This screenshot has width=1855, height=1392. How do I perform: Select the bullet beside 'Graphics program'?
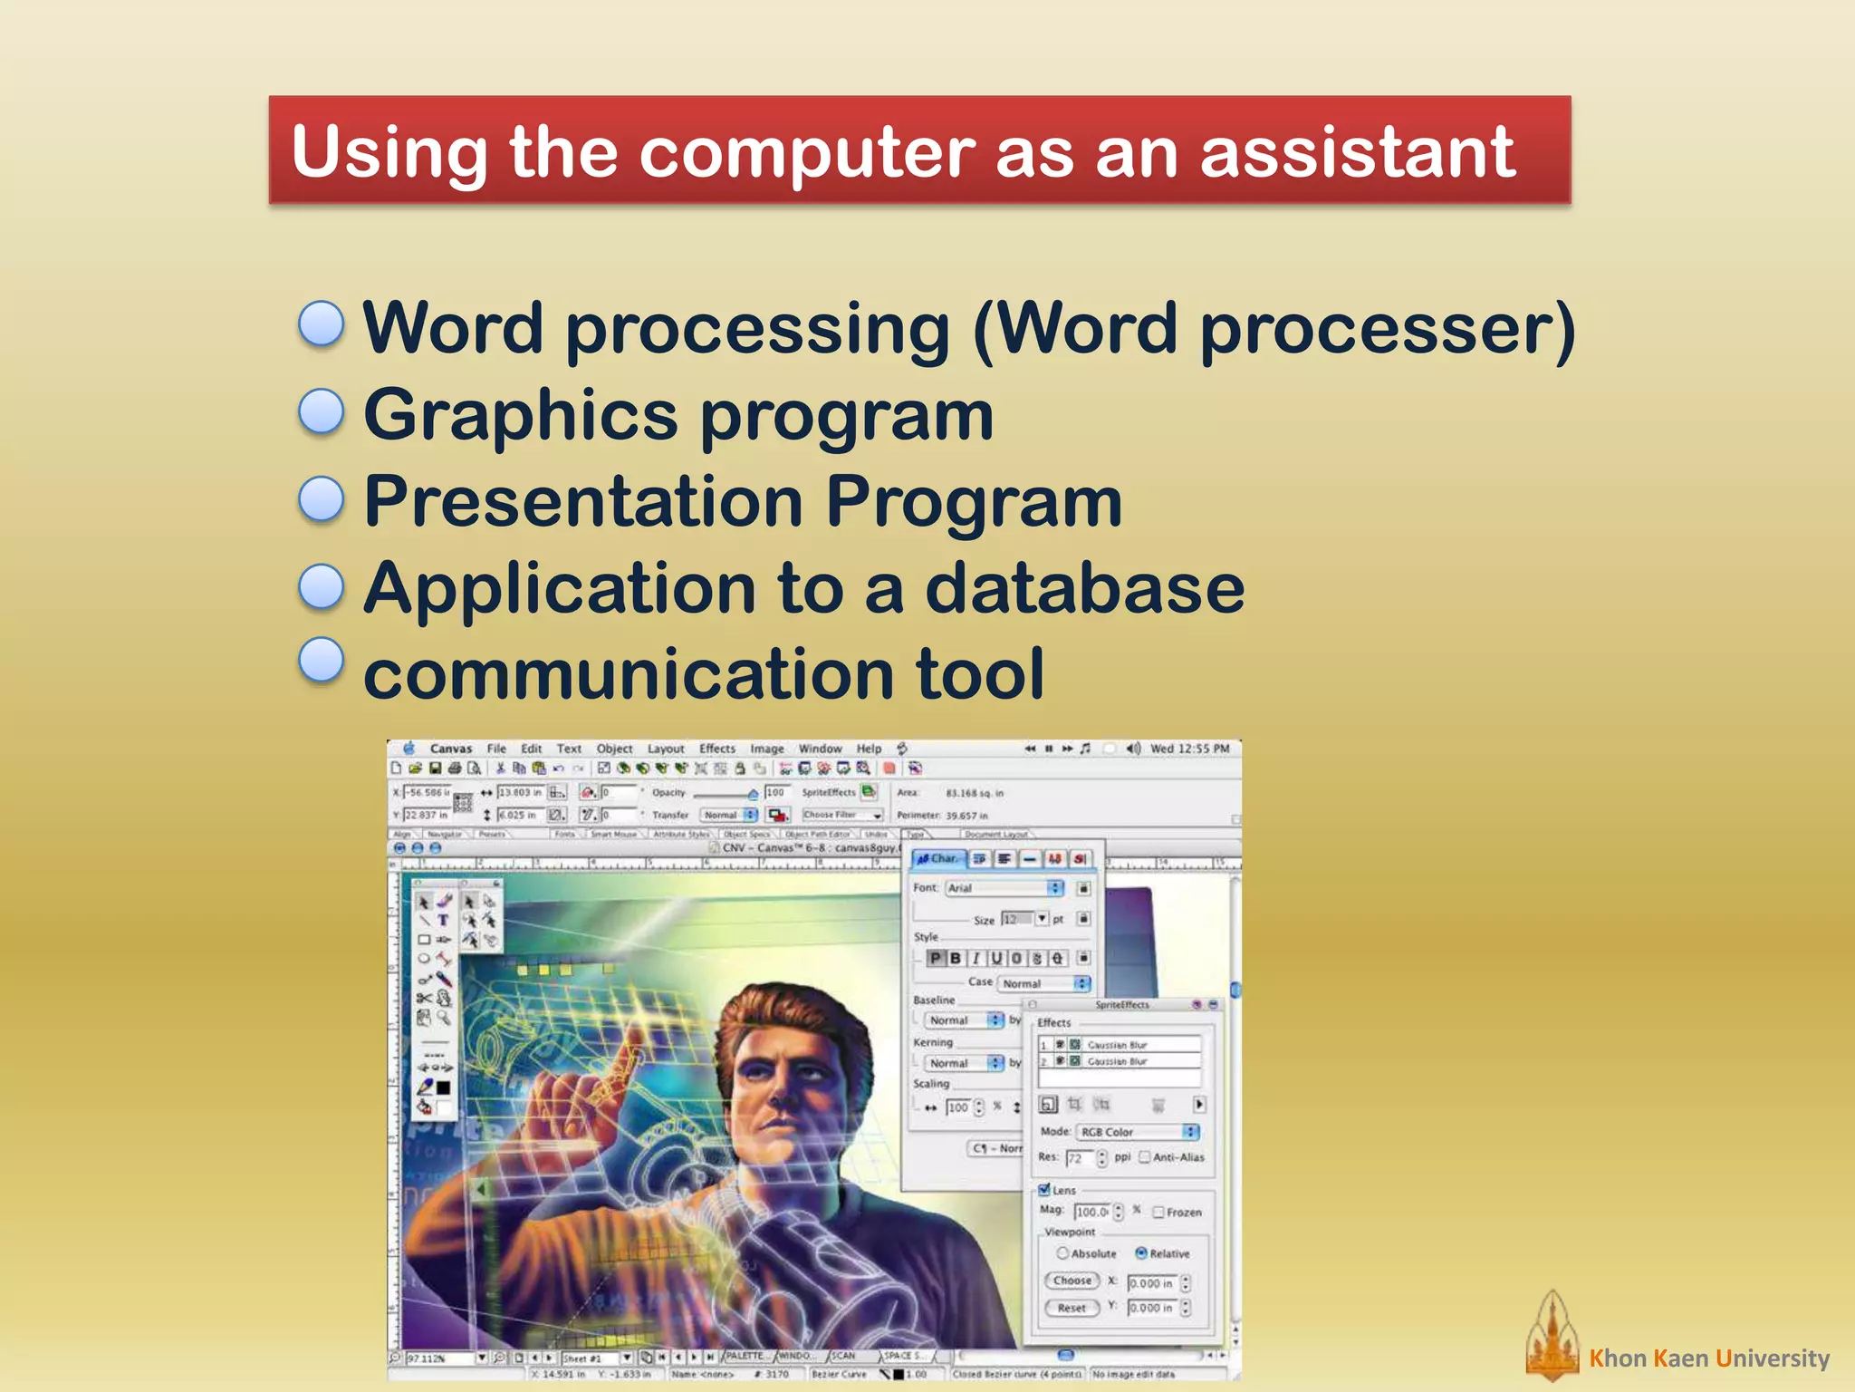click(322, 412)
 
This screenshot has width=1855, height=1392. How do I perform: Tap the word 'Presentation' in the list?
click(583, 501)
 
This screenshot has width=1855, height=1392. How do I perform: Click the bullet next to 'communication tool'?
click(322, 661)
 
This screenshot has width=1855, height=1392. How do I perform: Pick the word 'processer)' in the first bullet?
click(1387, 328)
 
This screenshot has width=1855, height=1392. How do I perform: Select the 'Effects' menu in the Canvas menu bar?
click(716, 749)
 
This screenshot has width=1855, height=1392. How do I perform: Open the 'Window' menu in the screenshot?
click(820, 749)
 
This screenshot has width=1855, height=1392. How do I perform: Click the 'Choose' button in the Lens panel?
click(1072, 1281)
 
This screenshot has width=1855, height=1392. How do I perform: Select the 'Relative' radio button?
click(1141, 1253)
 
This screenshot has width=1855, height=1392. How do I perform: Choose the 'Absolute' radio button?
click(1062, 1253)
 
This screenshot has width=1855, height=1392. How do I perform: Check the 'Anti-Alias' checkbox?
click(1145, 1157)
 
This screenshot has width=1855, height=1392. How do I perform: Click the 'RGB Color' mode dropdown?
click(1137, 1132)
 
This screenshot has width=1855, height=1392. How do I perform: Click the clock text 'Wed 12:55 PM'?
click(1189, 749)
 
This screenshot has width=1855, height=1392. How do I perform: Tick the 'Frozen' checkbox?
click(1158, 1213)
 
